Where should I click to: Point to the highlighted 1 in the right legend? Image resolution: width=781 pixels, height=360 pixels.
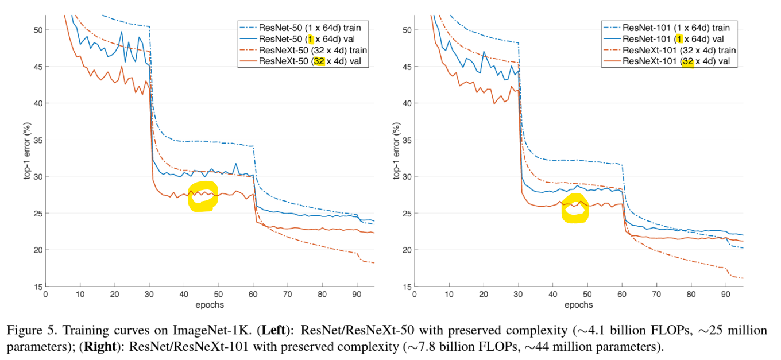[x=679, y=39]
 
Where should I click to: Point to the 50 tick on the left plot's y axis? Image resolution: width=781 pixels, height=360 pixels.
[x=38, y=29]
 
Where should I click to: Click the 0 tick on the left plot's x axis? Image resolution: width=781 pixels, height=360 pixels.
[x=46, y=293]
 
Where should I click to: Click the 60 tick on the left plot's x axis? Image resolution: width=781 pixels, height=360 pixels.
[x=253, y=293]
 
